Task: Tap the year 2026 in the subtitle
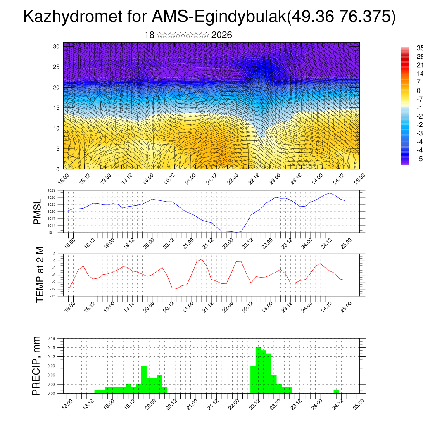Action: pos(221,35)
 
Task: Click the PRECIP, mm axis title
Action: pos(37,366)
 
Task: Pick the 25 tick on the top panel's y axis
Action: pos(57,67)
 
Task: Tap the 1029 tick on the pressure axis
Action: pos(52,190)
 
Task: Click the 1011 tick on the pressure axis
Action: pos(52,233)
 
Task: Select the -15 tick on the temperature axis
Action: pos(53,296)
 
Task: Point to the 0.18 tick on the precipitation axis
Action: pos(51,338)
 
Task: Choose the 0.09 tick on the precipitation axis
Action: pos(51,366)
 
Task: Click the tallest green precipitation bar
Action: pos(258,370)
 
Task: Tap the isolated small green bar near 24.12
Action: pos(336,392)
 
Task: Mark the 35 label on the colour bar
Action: pos(418,48)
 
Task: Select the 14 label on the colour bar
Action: pos(418,74)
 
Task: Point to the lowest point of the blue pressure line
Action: pos(236,232)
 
